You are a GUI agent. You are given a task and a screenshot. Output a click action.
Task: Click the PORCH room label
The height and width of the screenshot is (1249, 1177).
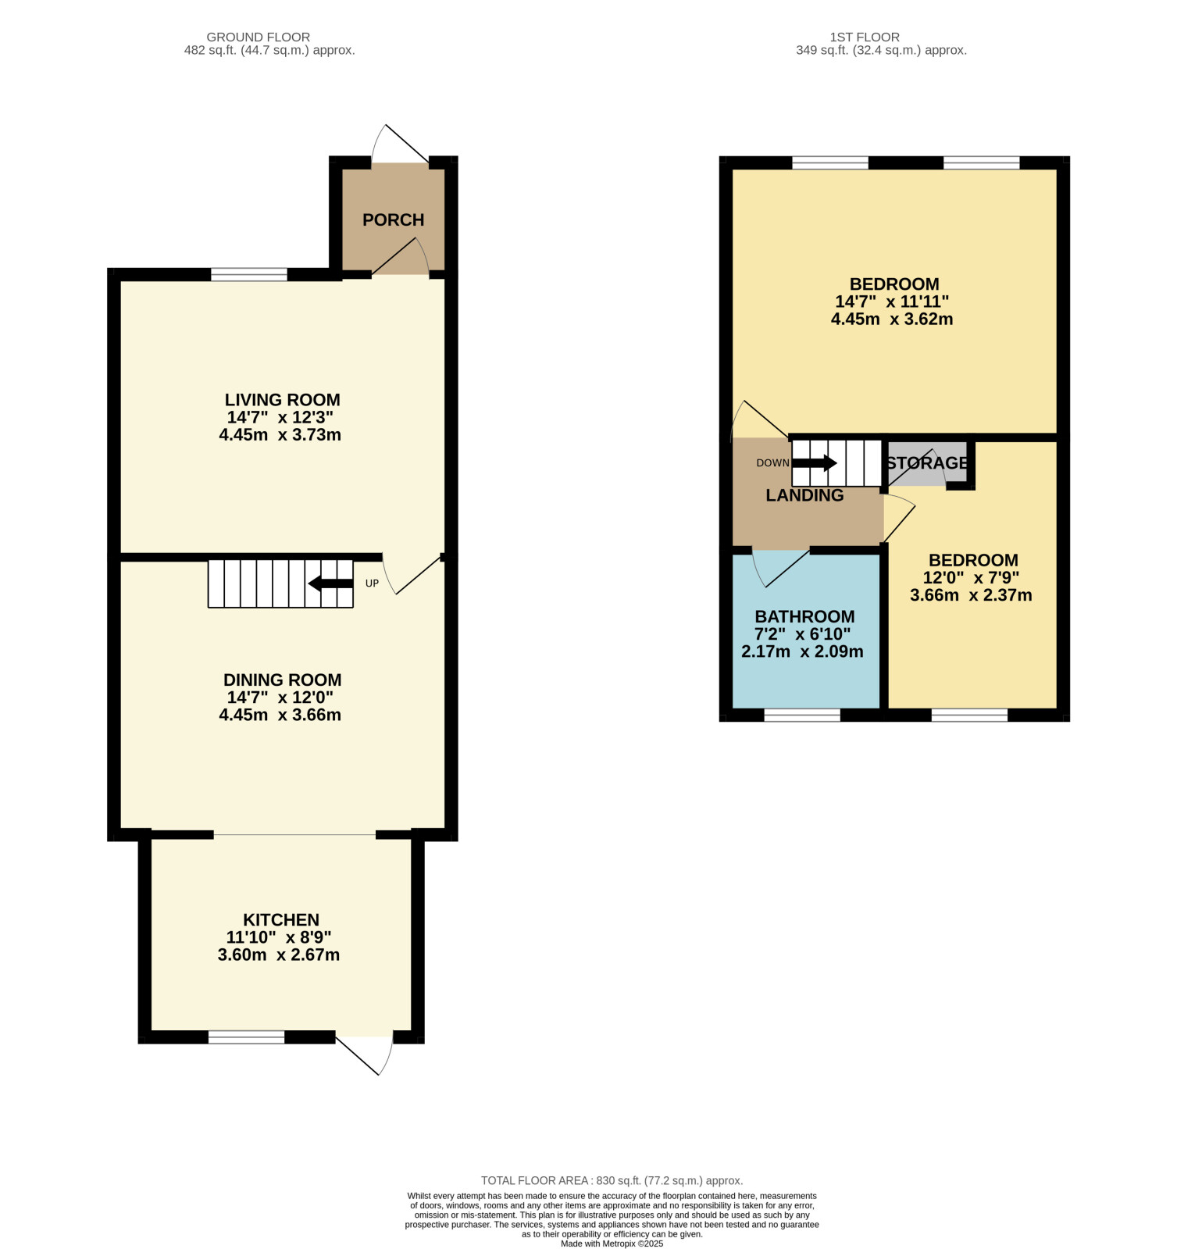[x=393, y=220]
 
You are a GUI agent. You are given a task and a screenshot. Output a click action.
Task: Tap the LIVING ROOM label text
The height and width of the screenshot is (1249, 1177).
[x=282, y=400]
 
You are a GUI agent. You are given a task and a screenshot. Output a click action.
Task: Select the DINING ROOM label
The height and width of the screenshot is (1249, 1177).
[x=282, y=680]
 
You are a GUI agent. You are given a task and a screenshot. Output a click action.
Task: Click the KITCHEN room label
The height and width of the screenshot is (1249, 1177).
[x=281, y=920]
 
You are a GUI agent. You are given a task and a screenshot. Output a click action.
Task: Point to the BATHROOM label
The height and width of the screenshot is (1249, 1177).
[x=804, y=617]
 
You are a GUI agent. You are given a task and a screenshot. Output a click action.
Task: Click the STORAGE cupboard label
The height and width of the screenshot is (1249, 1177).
[x=927, y=463]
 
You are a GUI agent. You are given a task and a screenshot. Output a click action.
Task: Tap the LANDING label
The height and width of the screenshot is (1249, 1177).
[x=804, y=495]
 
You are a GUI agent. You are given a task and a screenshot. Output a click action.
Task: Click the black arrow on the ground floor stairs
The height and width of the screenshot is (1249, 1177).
[x=330, y=583]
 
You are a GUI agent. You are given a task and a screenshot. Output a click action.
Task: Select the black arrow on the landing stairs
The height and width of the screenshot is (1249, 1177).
[x=815, y=463]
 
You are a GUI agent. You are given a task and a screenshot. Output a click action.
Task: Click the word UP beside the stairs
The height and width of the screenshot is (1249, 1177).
[x=372, y=583]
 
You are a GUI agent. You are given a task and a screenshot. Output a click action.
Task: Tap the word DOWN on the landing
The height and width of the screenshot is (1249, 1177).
[x=772, y=463]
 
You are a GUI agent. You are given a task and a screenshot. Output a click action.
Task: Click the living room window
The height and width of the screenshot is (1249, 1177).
[x=249, y=274]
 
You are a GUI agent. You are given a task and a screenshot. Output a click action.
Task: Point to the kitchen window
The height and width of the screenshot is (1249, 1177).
[x=246, y=1037]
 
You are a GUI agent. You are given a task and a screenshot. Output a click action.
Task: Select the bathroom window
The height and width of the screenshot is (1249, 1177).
[x=802, y=715]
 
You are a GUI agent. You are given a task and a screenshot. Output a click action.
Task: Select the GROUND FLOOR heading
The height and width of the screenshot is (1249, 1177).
[x=258, y=37]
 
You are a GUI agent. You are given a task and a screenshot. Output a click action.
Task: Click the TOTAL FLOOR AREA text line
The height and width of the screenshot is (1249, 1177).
[x=612, y=1181]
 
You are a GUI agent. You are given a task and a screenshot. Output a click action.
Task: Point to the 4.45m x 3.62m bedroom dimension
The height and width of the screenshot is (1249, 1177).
[x=892, y=319]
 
